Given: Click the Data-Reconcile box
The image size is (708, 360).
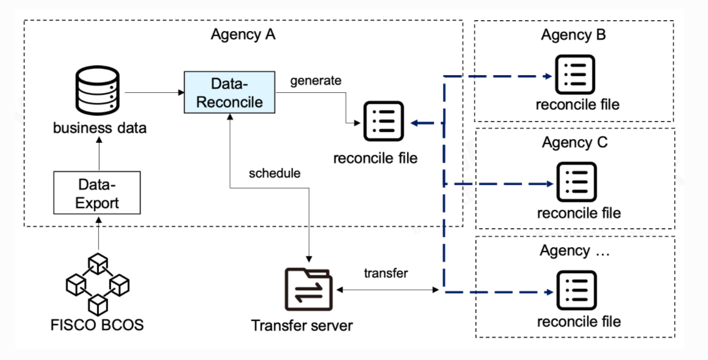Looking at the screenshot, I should [x=229, y=92].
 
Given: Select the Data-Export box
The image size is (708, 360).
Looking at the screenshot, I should [x=97, y=193].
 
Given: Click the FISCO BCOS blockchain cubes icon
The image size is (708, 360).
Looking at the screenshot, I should [x=98, y=284].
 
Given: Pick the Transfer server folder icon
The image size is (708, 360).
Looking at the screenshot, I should [x=309, y=289].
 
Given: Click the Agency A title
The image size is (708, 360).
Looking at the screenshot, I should [x=243, y=34].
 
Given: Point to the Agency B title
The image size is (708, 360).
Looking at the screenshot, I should [x=573, y=35].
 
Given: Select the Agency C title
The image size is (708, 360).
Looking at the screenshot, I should [x=574, y=143].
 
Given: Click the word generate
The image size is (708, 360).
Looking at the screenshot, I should [x=316, y=81].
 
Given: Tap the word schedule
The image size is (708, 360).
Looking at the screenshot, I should [x=275, y=173].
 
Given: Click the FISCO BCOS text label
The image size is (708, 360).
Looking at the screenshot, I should [x=97, y=325].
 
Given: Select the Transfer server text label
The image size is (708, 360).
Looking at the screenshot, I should [x=302, y=326].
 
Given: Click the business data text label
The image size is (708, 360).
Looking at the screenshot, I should [x=99, y=128].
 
